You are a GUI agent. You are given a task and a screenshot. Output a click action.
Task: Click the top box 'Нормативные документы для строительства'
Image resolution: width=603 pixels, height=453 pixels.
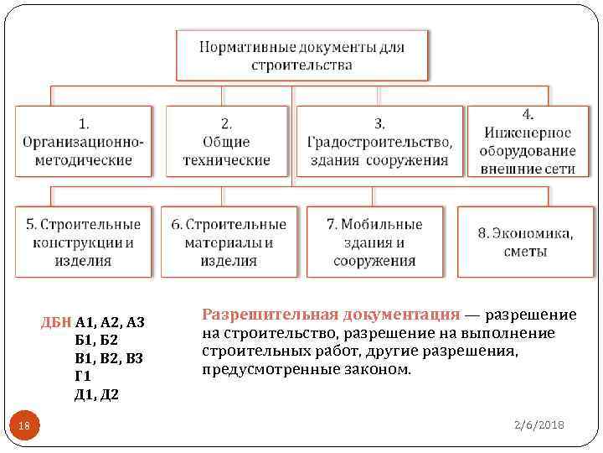click(x=301, y=55)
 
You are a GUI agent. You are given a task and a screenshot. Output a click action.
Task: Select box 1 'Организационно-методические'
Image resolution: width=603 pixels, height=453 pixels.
click(x=83, y=141)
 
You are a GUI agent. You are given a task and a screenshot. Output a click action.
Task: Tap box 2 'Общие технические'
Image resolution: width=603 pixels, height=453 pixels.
click(x=229, y=141)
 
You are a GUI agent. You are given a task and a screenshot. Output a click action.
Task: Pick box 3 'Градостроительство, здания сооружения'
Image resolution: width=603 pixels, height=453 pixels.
click(x=379, y=141)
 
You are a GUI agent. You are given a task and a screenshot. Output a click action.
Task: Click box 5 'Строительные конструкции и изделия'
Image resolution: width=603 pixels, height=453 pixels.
click(x=83, y=242)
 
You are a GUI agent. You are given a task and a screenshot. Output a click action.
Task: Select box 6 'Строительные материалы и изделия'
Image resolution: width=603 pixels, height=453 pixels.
click(x=229, y=242)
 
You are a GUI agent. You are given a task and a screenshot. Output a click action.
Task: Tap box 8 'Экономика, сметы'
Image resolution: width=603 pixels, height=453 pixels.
click(x=526, y=242)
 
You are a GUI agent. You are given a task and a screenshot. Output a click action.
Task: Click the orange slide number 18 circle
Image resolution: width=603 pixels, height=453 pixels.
click(x=24, y=427)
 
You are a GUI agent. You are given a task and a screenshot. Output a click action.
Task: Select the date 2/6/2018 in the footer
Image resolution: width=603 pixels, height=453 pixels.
click(x=539, y=426)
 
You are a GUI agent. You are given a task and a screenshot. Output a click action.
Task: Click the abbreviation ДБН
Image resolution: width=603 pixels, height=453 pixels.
click(x=56, y=321)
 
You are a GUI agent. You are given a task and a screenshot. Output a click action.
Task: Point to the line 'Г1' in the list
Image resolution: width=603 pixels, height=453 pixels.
click(x=83, y=376)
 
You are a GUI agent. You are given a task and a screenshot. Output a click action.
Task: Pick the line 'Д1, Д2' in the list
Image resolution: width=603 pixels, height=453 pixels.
click(x=97, y=394)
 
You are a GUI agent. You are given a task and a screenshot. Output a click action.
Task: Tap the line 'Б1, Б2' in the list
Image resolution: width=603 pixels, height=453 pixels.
click(x=96, y=340)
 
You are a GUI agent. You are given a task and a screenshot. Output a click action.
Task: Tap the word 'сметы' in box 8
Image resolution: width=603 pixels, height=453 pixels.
click(x=526, y=251)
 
